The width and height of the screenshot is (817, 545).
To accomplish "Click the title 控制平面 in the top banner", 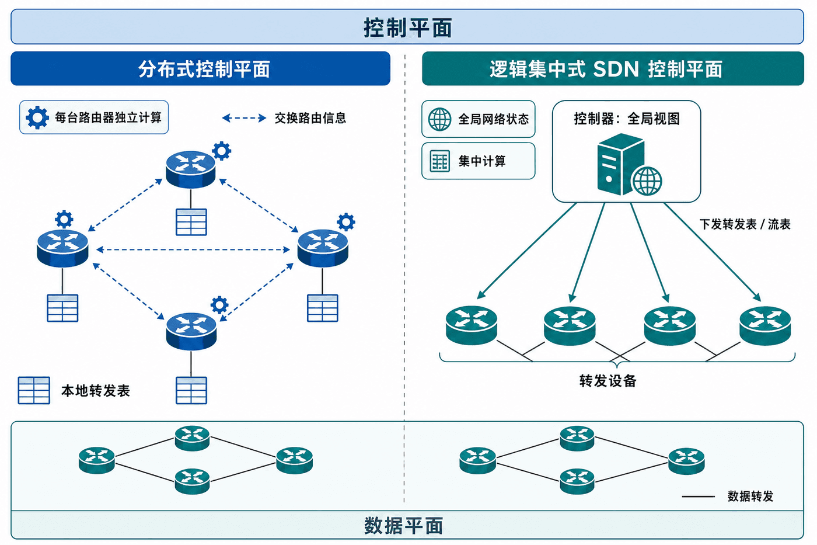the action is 407,27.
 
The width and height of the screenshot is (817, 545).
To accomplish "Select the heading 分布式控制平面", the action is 204,69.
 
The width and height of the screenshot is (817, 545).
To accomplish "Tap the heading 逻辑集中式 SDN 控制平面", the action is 606,69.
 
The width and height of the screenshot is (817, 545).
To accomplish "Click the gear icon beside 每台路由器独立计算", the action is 37,117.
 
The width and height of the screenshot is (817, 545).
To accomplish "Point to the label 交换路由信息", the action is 310,118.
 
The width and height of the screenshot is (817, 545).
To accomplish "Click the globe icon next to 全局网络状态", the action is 439,119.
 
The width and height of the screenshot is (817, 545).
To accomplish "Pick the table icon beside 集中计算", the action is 439,161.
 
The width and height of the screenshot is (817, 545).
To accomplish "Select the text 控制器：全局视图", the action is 627,119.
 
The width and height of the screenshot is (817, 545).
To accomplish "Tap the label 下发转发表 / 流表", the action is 745,224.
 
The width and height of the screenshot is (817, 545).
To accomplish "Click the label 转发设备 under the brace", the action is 608,381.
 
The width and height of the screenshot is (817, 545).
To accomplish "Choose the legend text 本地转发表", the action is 96,391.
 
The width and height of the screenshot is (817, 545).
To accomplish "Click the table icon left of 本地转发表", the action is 34,390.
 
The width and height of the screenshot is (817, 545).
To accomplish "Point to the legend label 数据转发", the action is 750,497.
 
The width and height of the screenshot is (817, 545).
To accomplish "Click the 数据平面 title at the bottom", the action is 403,526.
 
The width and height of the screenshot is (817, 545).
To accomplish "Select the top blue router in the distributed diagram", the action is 190,169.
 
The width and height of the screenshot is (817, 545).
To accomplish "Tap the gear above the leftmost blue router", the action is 64,220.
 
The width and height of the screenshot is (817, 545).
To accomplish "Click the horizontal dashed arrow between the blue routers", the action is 193,249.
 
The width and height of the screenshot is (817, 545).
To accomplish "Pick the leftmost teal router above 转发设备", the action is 472,325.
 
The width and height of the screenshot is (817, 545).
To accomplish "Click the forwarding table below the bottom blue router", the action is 191,390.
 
